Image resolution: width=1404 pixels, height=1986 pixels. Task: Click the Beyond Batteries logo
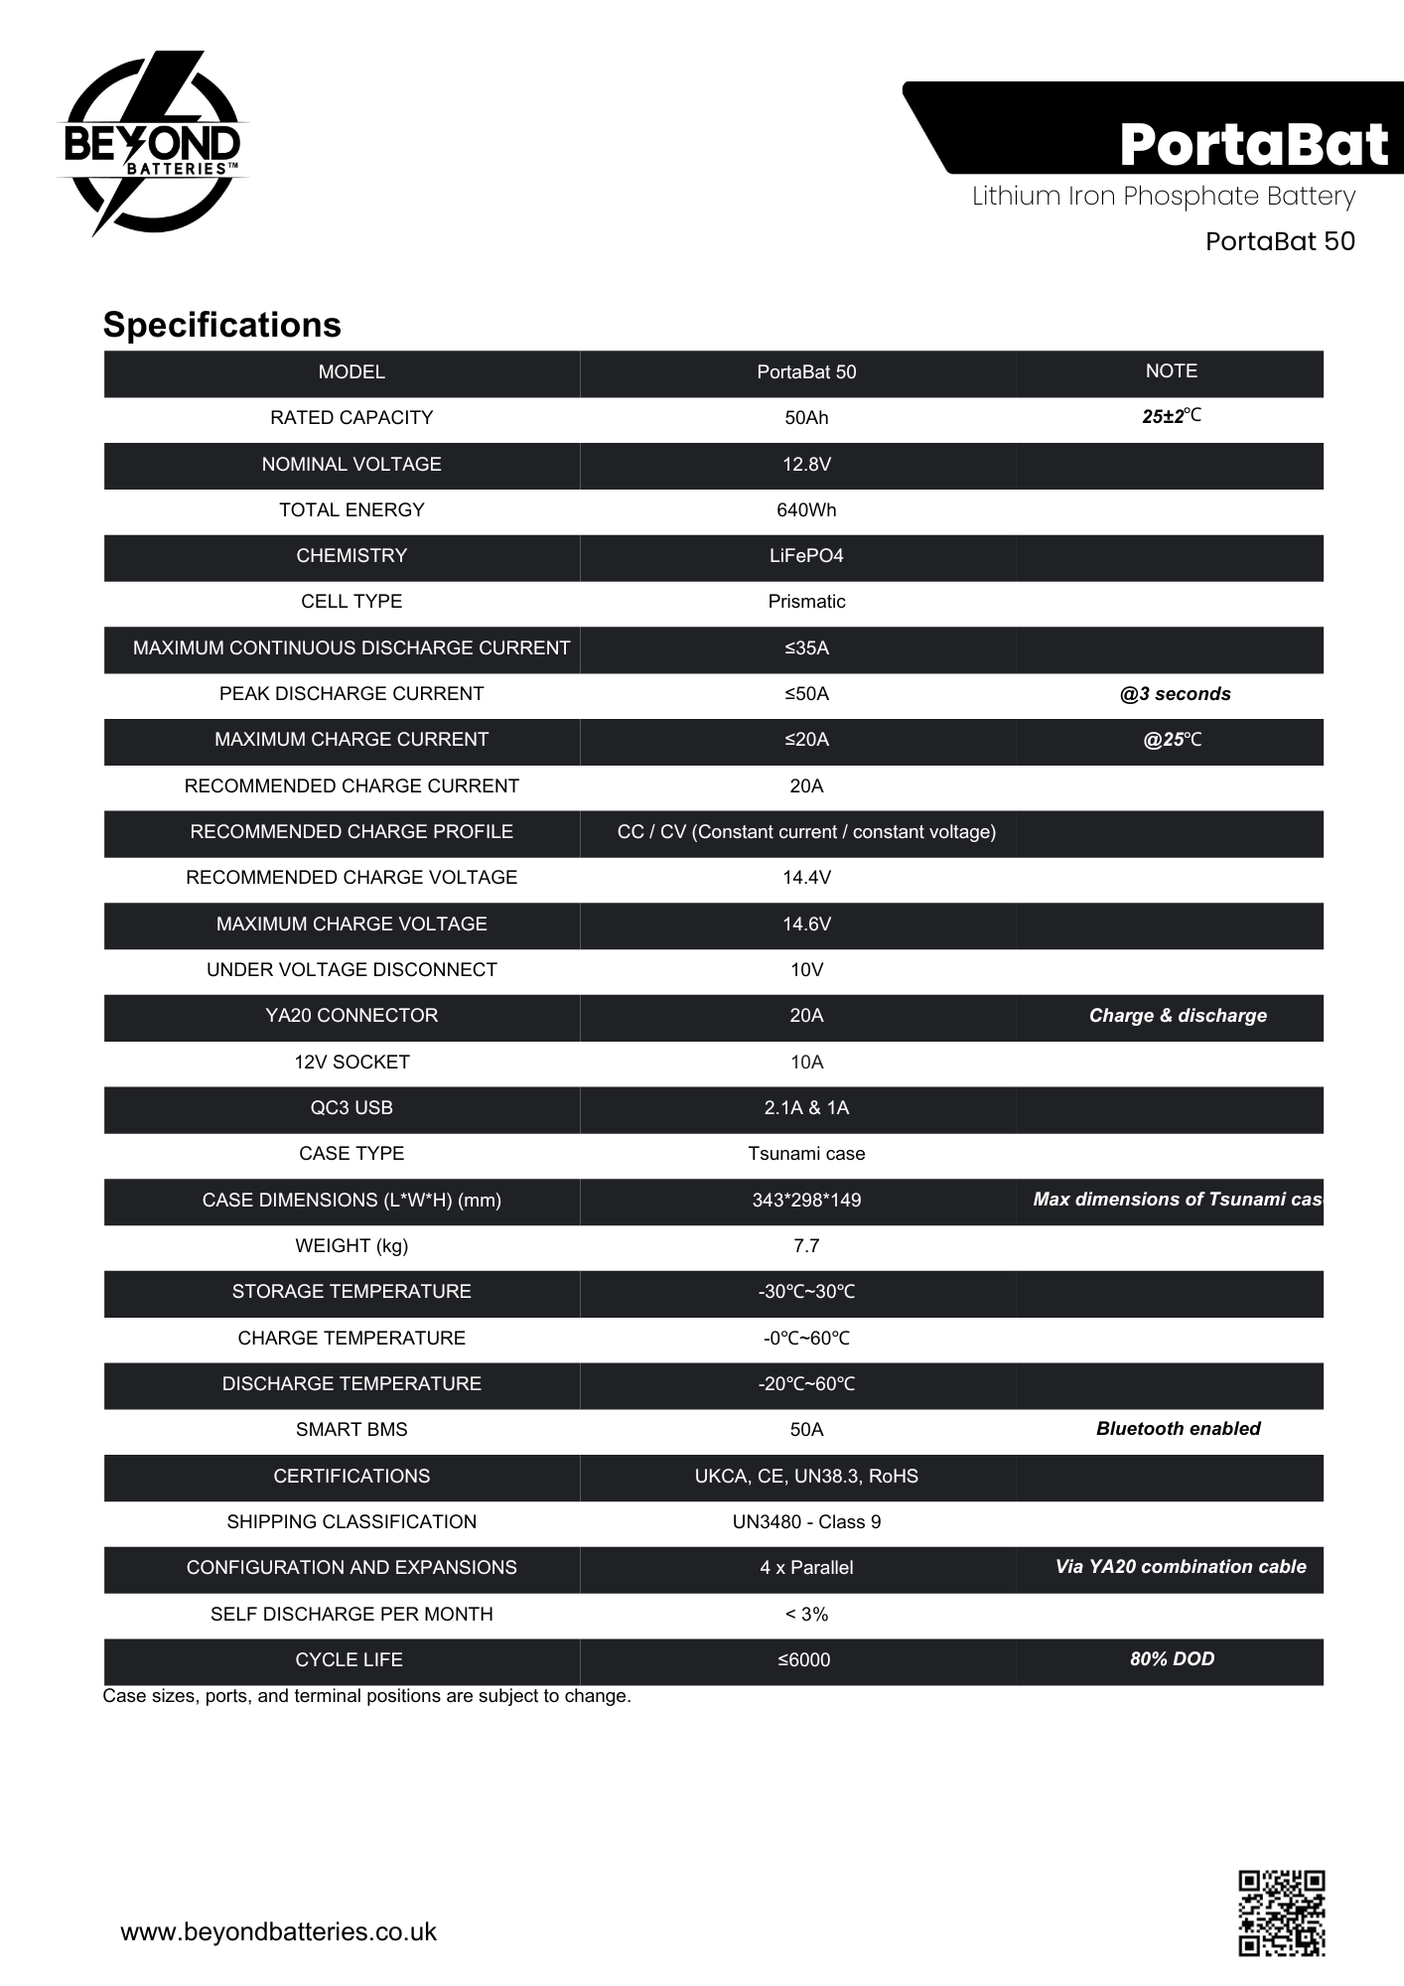click(152, 144)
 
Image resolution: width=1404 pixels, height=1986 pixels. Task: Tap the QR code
click(1281, 1913)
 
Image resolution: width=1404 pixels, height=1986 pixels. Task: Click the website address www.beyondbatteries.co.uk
click(278, 1931)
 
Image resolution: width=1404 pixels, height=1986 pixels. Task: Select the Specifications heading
click(221, 325)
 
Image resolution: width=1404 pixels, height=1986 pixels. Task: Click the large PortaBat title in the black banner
click(1253, 144)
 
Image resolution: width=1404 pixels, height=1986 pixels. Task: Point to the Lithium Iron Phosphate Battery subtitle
click(1163, 196)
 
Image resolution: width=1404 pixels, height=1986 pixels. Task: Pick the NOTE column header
click(1171, 371)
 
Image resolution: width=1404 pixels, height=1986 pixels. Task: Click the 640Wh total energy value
click(806, 510)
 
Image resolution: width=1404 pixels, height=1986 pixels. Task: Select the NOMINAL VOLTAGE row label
click(351, 465)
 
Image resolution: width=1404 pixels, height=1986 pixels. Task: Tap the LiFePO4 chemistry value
click(806, 556)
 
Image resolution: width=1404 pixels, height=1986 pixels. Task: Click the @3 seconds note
click(1175, 694)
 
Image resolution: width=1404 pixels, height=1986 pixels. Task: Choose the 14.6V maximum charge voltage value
click(806, 924)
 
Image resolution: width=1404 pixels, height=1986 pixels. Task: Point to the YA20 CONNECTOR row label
click(351, 1016)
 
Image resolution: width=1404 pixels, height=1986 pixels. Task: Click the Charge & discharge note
click(1178, 1016)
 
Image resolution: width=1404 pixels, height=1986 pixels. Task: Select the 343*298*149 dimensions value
click(806, 1201)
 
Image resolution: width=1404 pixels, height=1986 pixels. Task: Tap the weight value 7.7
click(806, 1246)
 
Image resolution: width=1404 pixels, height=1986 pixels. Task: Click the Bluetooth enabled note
click(1178, 1429)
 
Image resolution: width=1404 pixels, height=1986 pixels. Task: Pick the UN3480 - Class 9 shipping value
click(806, 1522)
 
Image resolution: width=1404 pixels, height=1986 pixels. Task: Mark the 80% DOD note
click(1172, 1659)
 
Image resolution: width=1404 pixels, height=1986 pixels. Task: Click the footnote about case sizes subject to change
click(366, 1696)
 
